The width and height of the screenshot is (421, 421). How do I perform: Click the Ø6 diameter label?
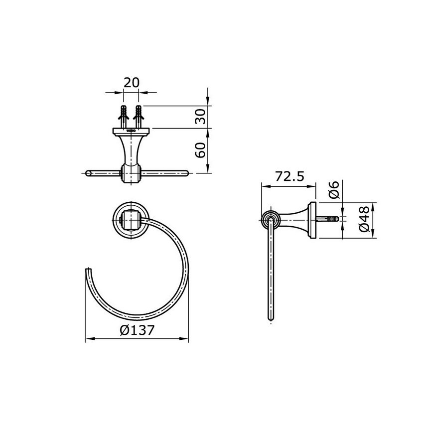pos(335,190)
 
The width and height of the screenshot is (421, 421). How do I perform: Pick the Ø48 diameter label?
pos(364,219)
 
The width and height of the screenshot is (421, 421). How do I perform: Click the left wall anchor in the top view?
pos(124,116)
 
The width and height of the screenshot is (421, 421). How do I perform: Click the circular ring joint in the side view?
pos(270,219)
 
